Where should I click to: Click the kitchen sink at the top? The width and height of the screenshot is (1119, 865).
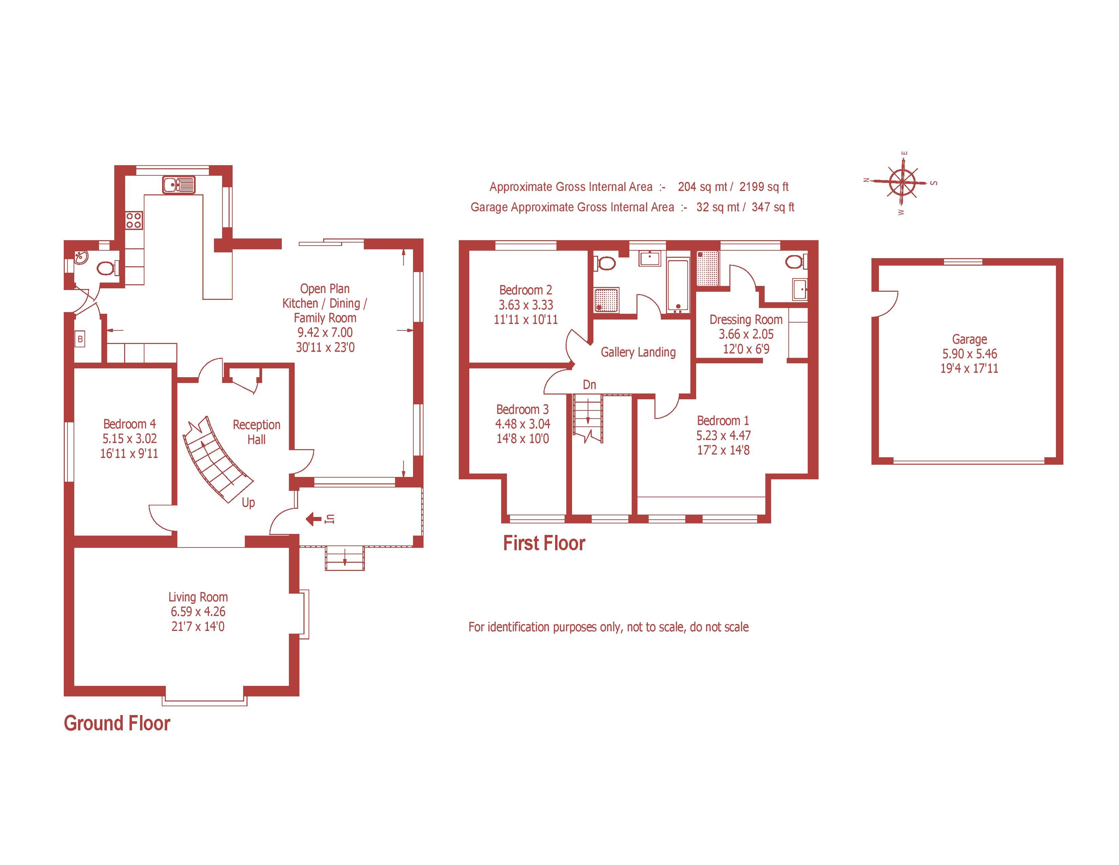pyautogui.click(x=179, y=185)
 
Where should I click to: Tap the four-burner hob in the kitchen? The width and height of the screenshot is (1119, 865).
pyautogui.click(x=134, y=220)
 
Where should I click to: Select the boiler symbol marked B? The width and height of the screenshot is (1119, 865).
pyautogui.click(x=80, y=339)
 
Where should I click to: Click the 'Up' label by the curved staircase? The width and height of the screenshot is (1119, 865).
pyautogui.click(x=249, y=503)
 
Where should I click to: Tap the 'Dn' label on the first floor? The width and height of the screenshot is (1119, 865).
pyautogui.click(x=589, y=384)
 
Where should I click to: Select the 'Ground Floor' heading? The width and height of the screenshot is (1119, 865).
pyautogui.click(x=117, y=723)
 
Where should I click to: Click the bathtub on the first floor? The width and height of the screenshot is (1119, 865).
pyautogui.click(x=678, y=285)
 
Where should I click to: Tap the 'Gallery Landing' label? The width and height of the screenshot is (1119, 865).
pyautogui.click(x=638, y=352)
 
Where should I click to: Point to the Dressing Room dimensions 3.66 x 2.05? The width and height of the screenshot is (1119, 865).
pyautogui.click(x=746, y=334)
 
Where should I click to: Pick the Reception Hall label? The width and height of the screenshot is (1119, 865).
pyautogui.click(x=256, y=431)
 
